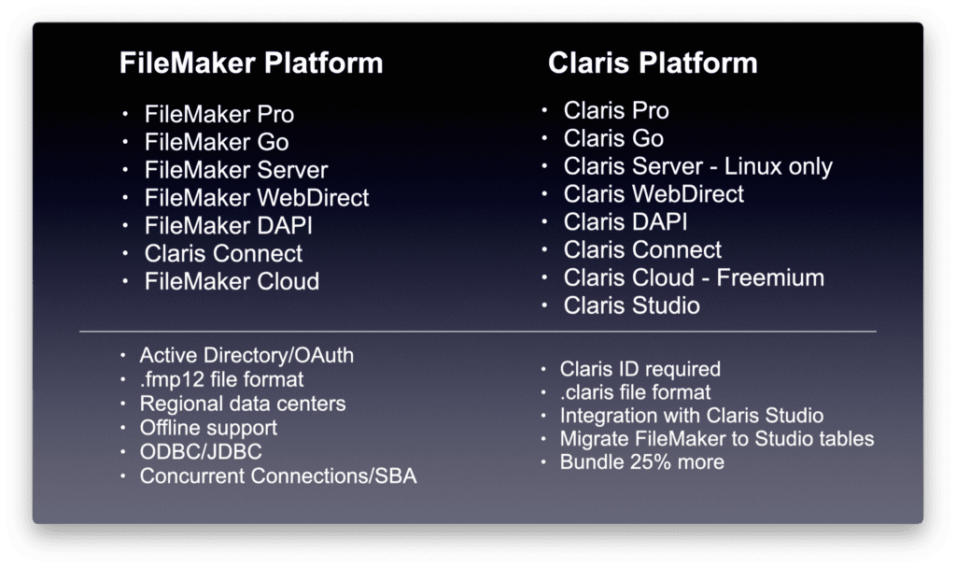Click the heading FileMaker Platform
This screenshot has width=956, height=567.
tap(251, 64)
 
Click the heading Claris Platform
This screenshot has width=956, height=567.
tap(652, 64)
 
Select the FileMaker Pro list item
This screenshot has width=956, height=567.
tap(219, 115)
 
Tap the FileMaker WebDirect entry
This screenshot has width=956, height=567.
tap(257, 198)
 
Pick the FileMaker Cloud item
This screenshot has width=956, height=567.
tap(232, 281)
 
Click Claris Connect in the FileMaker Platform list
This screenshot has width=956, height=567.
tap(223, 253)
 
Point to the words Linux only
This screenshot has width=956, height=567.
tap(776, 166)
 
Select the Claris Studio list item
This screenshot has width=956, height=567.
tap(631, 305)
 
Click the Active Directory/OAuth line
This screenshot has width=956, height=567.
tap(246, 356)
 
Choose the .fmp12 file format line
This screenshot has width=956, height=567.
tap(221, 380)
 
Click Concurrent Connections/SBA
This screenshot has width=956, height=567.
tap(278, 476)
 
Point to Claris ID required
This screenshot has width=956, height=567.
tap(640, 369)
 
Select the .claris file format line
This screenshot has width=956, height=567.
tap(635, 392)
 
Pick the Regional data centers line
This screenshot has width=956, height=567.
tap(243, 404)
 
